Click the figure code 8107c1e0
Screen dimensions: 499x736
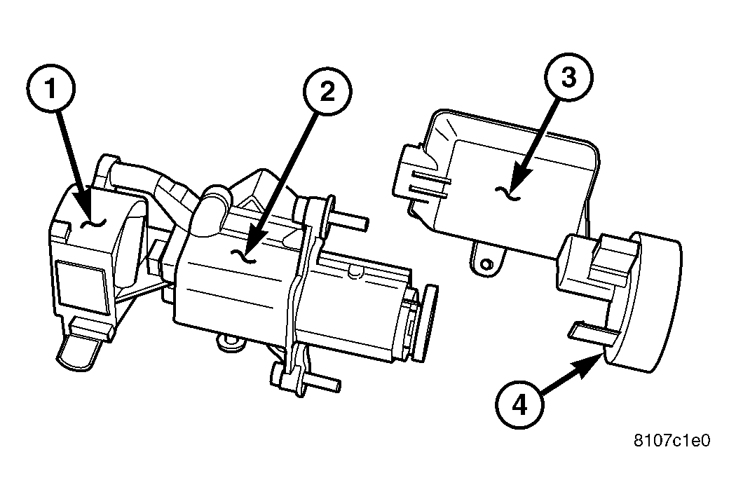coord(672,441)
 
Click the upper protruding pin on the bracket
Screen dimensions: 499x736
coord(350,221)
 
